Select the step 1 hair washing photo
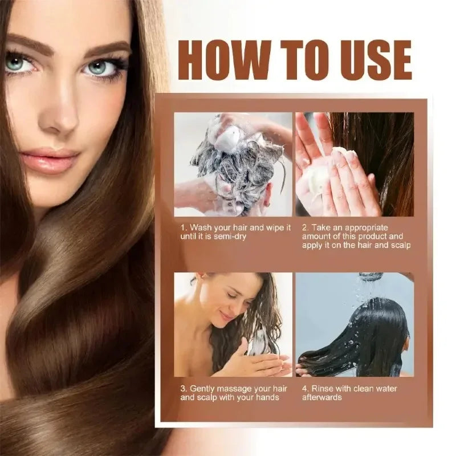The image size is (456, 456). pyautogui.click(x=233, y=164)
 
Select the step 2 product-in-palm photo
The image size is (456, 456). pyautogui.click(x=355, y=164)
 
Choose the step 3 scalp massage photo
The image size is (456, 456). pyautogui.click(x=233, y=324)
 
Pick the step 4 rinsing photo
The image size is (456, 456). pyautogui.click(x=355, y=324)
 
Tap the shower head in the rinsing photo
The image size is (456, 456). pyautogui.click(x=371, y=276)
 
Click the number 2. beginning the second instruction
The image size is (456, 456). pyautogui.click(x=306, y=227)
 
